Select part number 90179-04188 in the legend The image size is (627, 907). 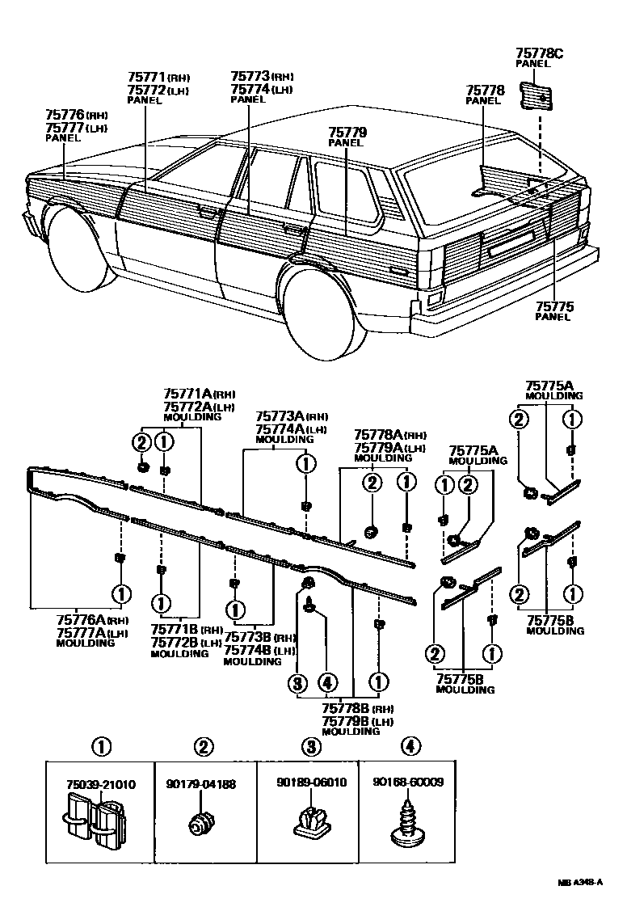(204, 783)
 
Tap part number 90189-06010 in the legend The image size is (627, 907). (308, 783)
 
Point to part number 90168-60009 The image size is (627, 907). (408, 783)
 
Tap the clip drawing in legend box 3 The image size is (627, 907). (308, 821)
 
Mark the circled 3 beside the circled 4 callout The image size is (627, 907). (299, 683)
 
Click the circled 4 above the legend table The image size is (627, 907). (410, 746)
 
